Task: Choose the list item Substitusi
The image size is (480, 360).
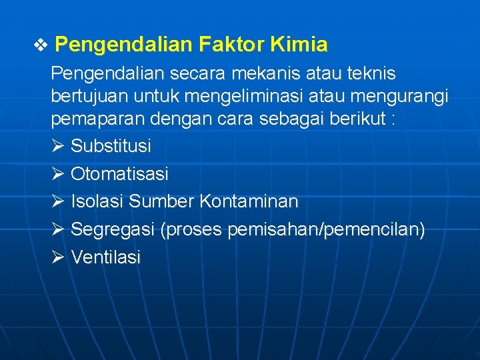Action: click(111, 146)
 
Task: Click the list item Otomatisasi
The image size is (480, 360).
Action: click(119, 175)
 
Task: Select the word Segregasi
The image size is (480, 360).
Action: click(113, 229)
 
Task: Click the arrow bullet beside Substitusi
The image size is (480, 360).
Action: click(57, 146)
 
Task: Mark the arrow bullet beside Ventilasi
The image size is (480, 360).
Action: click(57, 257)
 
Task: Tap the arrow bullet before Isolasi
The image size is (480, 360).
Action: click(57, 201)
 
